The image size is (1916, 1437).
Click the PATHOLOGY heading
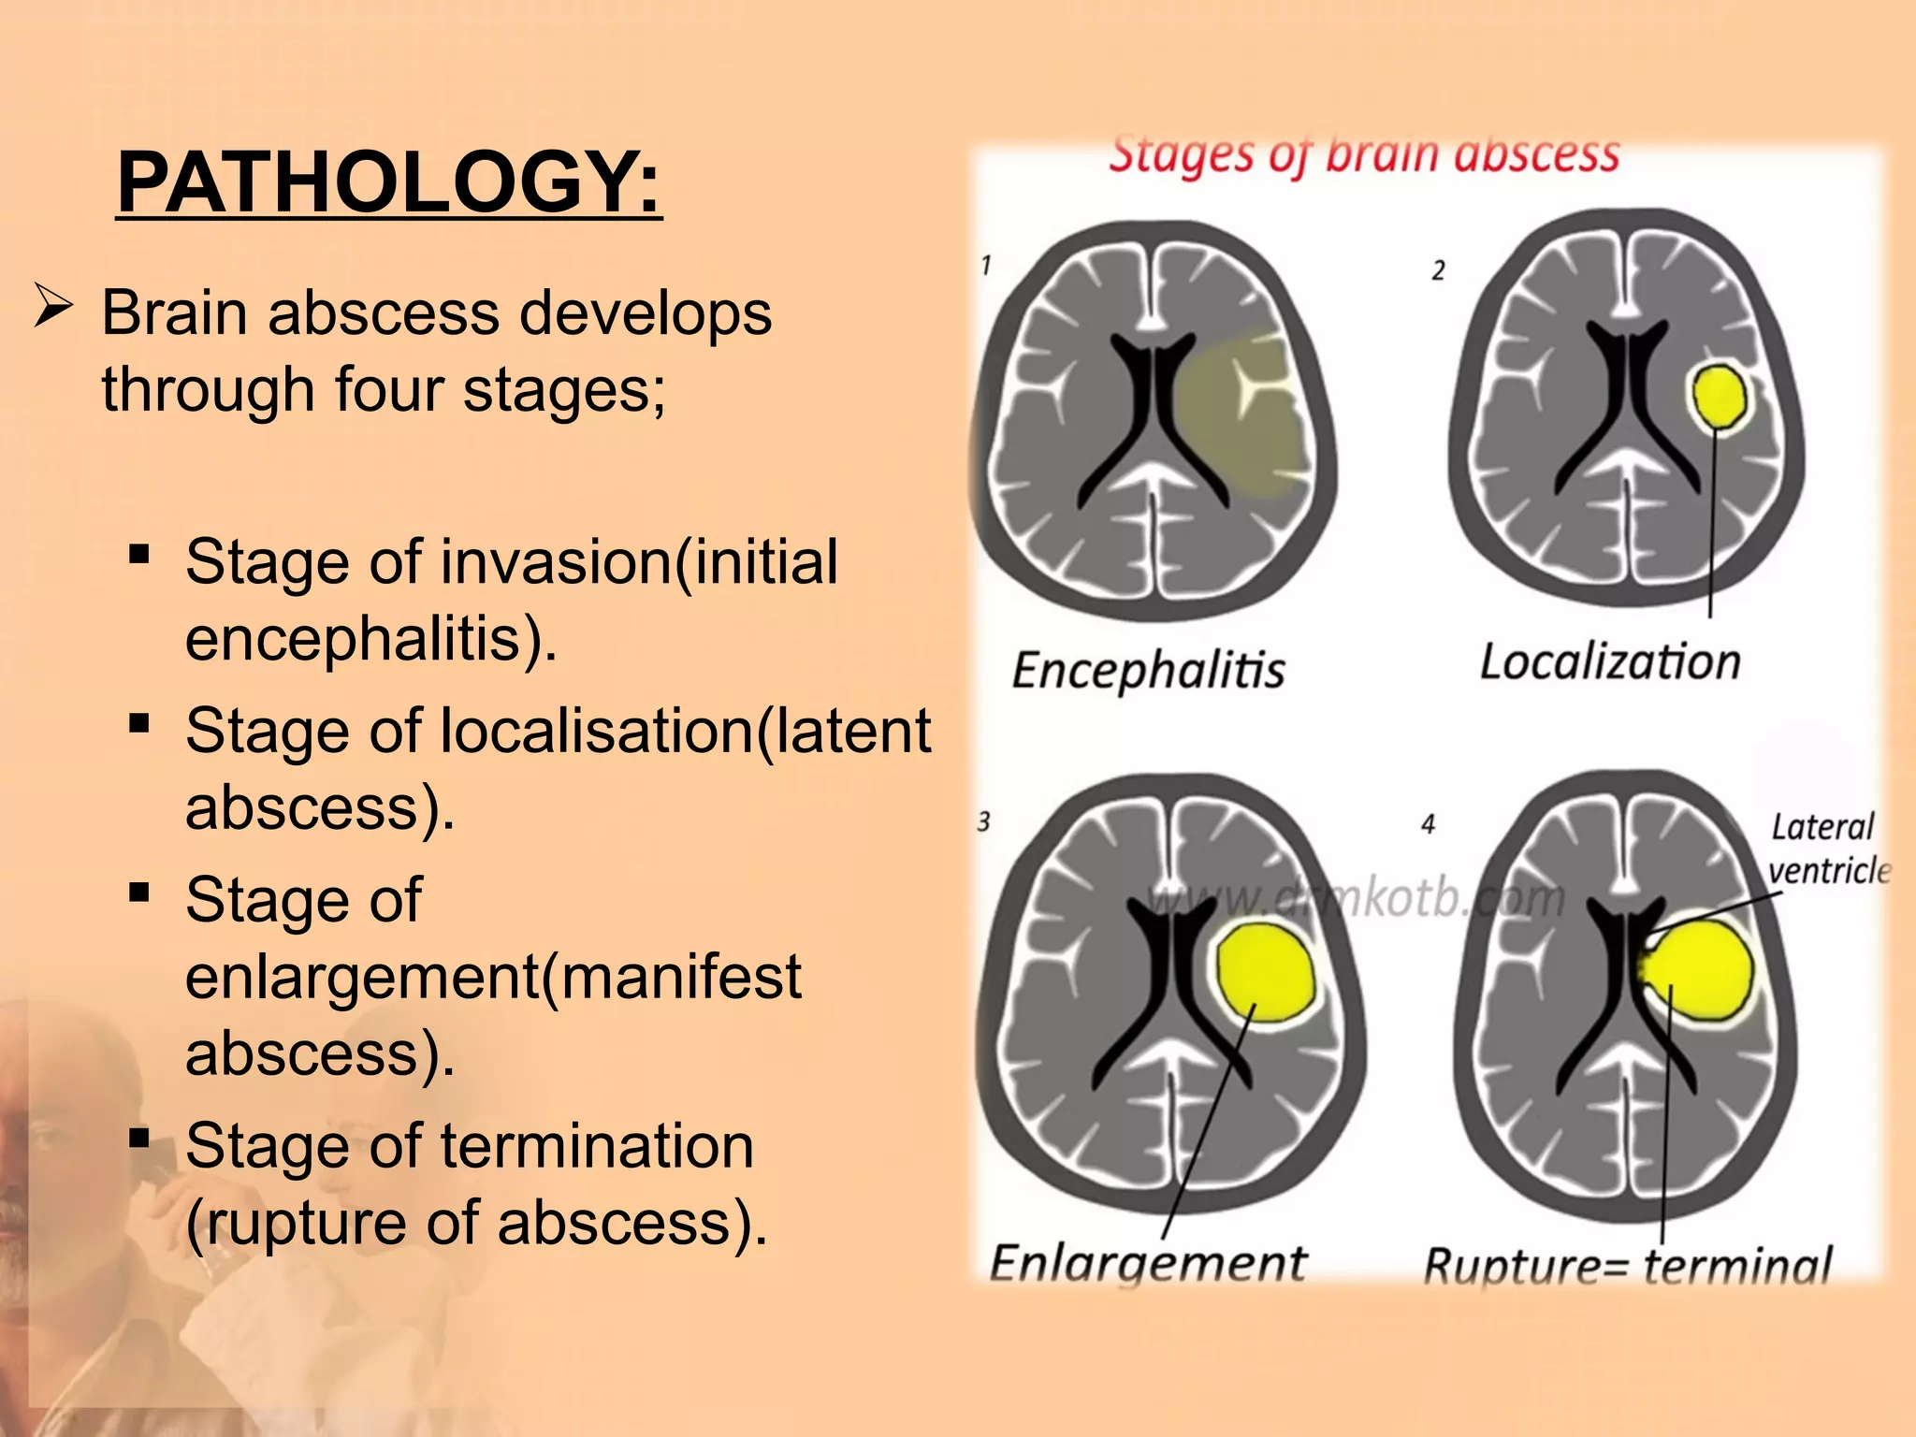click(388, 182)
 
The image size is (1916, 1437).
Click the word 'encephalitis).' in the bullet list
click(370, 640)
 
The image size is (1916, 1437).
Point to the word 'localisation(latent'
click(685, 731)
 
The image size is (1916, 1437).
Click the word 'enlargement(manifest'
click(493, 977)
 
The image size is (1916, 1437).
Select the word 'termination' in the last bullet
click(596, 1146)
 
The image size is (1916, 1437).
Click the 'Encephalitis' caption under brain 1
click(1148, 670)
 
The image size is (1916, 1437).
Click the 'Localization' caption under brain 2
click(1609, 662)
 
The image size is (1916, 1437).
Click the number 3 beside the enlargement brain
click(983, 822)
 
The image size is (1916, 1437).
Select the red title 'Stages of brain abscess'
click(1363, 155)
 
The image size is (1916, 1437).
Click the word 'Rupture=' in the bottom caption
click(1525, 1267)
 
